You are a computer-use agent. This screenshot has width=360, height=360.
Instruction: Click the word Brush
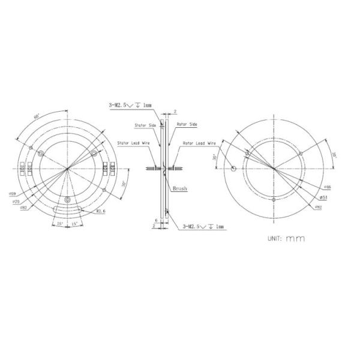coord(179,188)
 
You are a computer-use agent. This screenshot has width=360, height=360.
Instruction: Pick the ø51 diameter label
coord(323,196)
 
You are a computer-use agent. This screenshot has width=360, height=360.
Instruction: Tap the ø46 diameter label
coord(323,187)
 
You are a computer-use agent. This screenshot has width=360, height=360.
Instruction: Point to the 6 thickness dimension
coord(155,220)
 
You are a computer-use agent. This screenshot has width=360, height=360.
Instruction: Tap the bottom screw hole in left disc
coord(69,199)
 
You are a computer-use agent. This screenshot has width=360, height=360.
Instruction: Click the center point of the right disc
coord(274,170)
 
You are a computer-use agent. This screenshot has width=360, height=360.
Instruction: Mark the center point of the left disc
coord(69,170)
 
